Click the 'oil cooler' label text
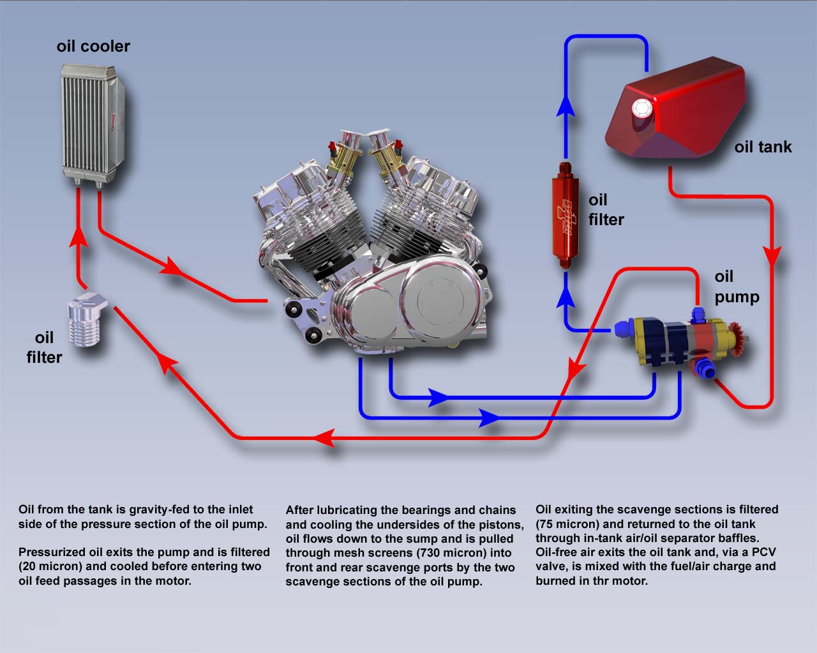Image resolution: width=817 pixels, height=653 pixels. [93, 47]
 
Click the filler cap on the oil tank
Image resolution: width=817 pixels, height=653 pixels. [640, 110]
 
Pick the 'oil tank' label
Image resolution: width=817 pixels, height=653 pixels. [762, 147]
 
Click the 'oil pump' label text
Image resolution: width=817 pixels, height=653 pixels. [736, 286]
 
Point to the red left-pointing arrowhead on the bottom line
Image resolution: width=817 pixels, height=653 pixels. [325, 438]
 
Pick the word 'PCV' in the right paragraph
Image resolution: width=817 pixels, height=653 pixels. [763, 552]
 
